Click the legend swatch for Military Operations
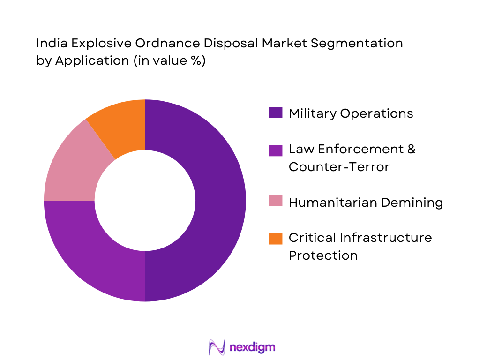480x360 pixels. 275,113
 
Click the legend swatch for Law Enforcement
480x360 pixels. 275,150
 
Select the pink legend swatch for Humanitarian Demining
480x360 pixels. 275,202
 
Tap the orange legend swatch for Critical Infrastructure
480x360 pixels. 275,238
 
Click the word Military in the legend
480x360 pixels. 313,113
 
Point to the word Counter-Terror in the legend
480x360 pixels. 339,167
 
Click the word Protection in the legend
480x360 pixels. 323,255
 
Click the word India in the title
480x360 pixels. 48,44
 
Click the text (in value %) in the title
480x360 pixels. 169,61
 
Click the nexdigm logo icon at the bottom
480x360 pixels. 217,347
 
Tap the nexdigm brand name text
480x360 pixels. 253,347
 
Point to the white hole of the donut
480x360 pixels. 145,201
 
